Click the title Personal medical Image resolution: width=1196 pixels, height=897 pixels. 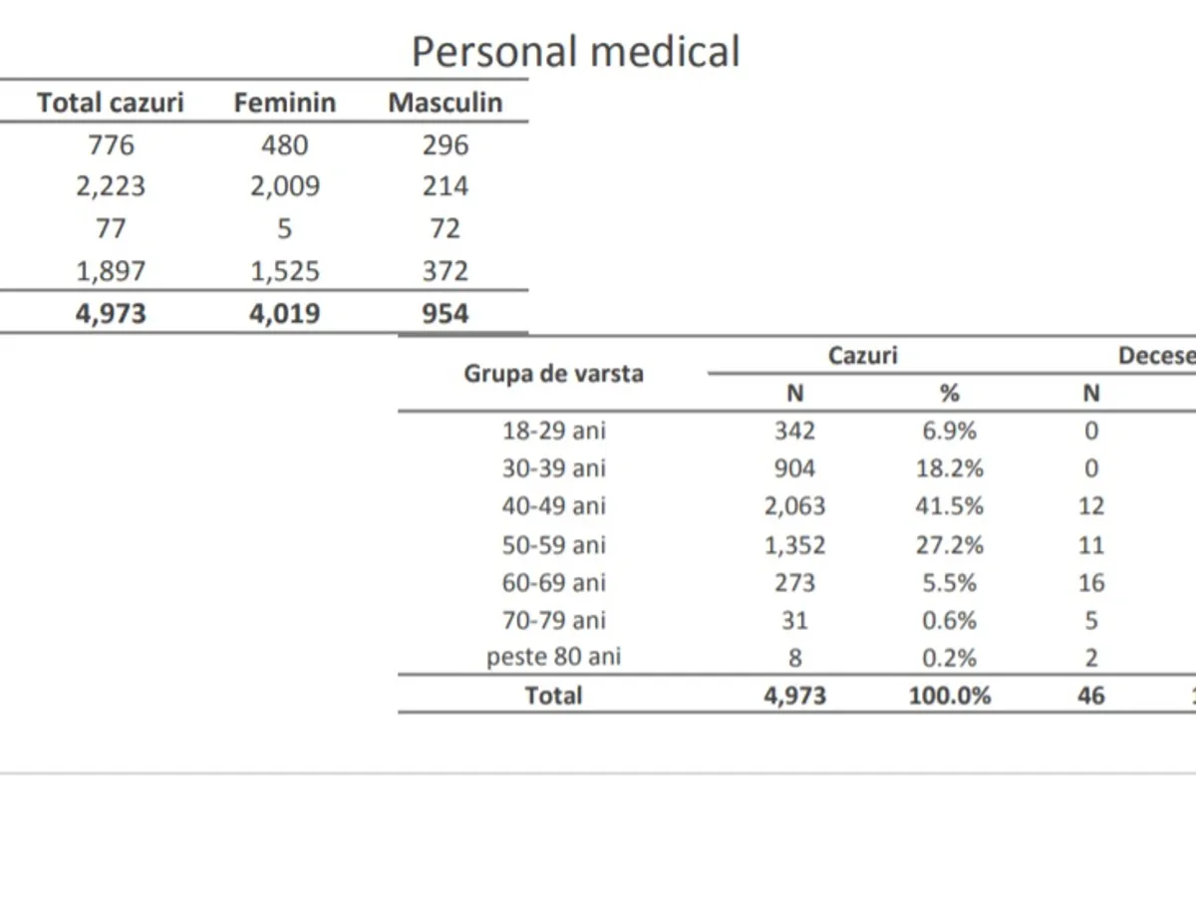point(575,52)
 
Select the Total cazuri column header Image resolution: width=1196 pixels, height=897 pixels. point(111,103)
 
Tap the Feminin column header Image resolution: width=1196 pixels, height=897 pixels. point(284,103)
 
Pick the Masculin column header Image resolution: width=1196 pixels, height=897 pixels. point(445,103)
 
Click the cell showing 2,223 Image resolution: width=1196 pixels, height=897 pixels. point(111,186)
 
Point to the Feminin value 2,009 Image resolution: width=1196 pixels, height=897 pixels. point(284,186)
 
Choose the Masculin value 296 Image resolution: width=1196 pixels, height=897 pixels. point(445,146)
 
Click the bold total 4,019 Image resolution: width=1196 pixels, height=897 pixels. point(284,314)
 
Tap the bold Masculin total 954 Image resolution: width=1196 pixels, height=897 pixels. point(445,314)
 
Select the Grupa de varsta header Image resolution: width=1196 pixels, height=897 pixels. point(553,375)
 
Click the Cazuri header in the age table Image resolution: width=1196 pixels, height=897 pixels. point(862,356)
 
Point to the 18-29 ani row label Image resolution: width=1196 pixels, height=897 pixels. point(553,431)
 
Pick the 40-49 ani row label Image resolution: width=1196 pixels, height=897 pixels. point(553,506)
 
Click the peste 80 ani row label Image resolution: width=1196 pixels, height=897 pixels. point(553,658)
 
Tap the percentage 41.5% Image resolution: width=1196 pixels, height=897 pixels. point(949,506)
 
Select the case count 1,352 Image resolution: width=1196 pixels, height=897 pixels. point(794,545)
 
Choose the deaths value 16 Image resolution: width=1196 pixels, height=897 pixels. point(1091,583)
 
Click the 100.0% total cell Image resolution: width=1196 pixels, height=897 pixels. point(949,696)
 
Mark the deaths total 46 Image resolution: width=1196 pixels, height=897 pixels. point(1091,696)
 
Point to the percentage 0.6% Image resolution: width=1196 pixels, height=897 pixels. point(949,620)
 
